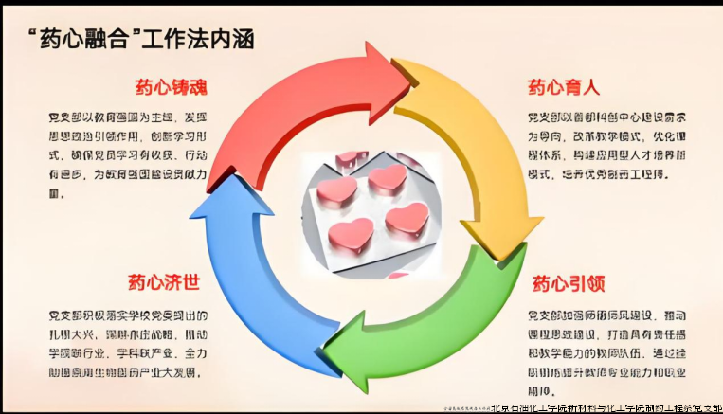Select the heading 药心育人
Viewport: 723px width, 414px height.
(x=564, y=88)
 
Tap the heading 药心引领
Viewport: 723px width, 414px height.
(x=568, y=283)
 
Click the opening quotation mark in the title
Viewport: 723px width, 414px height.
(x=35, y=34)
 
